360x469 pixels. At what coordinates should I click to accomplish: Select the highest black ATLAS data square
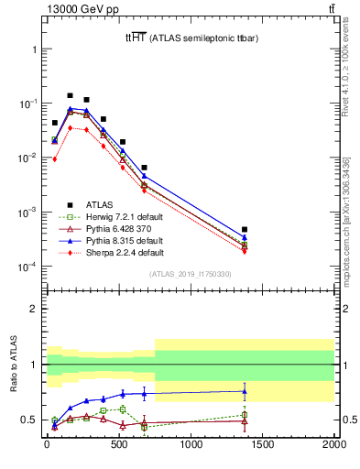click(70, 95)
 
